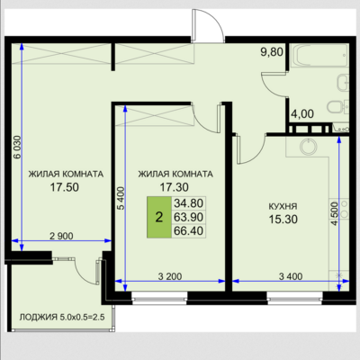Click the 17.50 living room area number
64,187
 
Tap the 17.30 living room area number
174,187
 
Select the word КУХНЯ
283,206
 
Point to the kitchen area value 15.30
283,220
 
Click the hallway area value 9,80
272,52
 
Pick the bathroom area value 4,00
302,114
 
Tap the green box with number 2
159,217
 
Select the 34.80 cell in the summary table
189,203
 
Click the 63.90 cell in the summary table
189,217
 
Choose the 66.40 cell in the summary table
189,230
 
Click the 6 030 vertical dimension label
17,147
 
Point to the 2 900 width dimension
61,236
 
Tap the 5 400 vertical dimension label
121,198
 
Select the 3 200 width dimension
170,276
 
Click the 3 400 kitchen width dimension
291,276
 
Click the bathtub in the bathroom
319,56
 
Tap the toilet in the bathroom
337,106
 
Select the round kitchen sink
309,147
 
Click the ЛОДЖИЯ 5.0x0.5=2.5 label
62,317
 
